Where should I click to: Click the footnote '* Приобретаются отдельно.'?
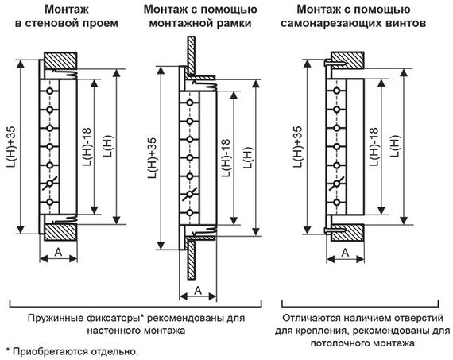tap(72, 350)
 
